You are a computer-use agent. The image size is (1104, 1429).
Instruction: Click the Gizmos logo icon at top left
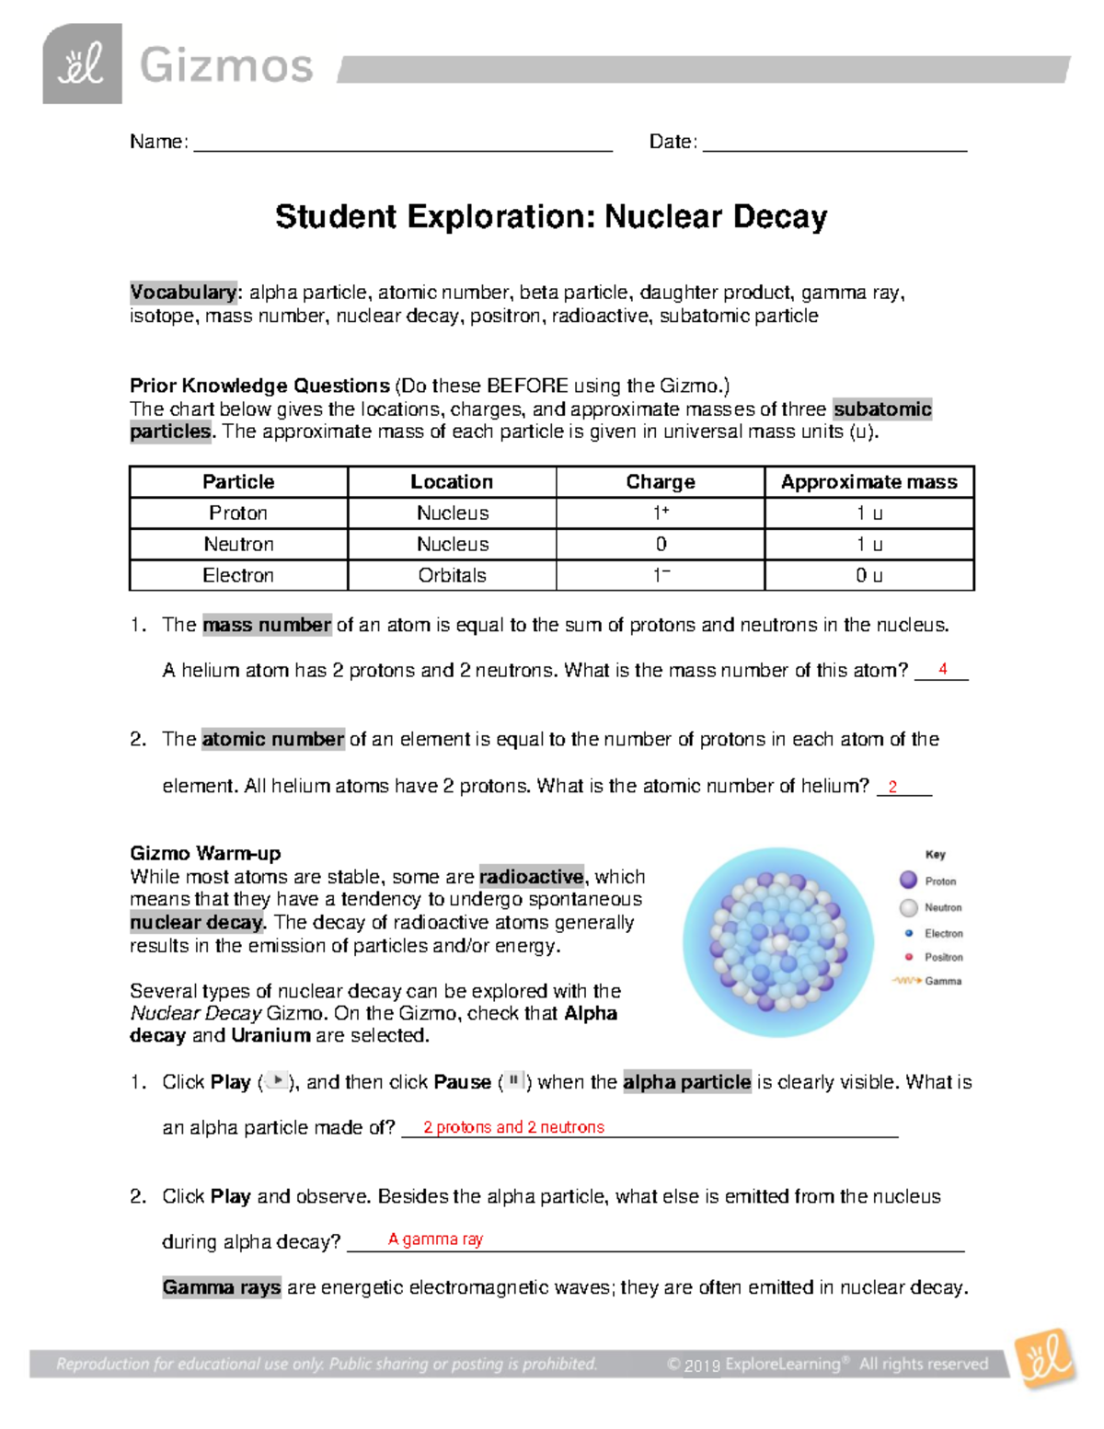point(82,63)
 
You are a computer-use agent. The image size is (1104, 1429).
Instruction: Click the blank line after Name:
point(402,143)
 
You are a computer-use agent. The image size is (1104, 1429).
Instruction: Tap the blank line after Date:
point(834,143)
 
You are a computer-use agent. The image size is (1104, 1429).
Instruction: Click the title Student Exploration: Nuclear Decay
point(551,217)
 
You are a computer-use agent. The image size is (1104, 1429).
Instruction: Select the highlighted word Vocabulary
point(183,293)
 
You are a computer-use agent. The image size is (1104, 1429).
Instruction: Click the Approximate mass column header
point(868,482)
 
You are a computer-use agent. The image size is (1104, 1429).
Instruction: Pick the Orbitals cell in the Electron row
point(452,575)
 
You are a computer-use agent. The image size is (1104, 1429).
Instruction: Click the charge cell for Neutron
point(661,544)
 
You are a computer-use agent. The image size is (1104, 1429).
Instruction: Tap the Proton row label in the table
point(238,513)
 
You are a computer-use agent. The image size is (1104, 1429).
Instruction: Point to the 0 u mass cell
point(868,575)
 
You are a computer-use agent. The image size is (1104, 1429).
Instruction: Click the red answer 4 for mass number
point(942,669)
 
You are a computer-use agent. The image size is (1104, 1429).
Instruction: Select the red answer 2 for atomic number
point(892,787)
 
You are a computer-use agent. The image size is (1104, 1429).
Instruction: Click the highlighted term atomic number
point(273,739)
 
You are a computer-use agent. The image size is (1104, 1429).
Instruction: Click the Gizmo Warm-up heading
point(205,853)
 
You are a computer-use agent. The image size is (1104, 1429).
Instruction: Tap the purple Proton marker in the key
point(908,880)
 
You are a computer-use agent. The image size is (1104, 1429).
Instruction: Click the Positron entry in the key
point(943,957)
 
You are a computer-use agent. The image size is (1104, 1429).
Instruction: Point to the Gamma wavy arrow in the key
point(906,981)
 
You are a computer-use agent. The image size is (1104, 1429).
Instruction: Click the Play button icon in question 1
point(276,1081)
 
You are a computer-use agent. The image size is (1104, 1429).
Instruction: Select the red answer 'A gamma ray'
point(435,1239)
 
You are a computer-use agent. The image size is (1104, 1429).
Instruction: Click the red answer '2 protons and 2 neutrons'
point(513,1127)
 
